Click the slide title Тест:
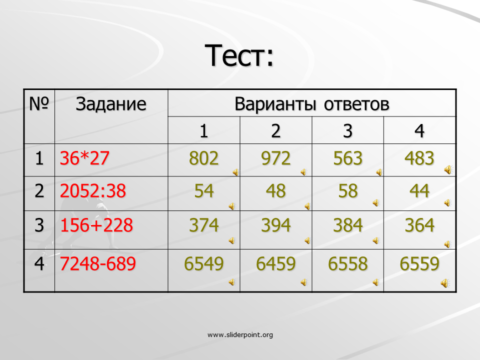point(239,55)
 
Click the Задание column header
point(111,104)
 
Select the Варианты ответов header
point(311,104)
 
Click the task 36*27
point(84,158)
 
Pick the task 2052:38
point(93,190)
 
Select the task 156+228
point(96,225)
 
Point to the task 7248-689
point(97,263)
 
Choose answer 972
point(275,158)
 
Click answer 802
point(203,158)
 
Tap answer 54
point(204,191)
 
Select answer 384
point(348,225)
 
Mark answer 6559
point(419,264)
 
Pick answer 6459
point(276,264)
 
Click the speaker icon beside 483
point(448,169)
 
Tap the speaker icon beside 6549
point(231,282)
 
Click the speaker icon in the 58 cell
point(376,203)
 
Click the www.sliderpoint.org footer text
point(240,335)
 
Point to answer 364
point(419,225)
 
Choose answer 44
point(419,191)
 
